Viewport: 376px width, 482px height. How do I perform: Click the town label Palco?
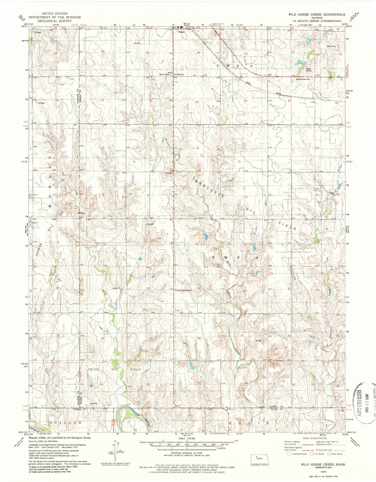click(x=182, y=32)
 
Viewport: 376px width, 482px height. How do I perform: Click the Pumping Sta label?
click(x=179, y=75)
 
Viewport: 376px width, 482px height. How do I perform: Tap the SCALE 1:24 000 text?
click(x=187, y=438)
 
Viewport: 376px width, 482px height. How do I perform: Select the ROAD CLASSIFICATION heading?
click(x=315, y=438)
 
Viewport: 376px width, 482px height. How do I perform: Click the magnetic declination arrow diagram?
click(x=115, y=451)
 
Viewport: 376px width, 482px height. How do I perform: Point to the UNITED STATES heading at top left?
click(x=56, y=14)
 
